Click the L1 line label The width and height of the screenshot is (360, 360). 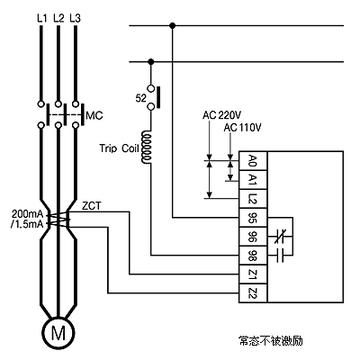pos(42,19)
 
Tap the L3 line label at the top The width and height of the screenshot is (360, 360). pos(75,19)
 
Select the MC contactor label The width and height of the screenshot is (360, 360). pos(94,115)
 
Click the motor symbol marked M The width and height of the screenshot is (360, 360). pos(58,333)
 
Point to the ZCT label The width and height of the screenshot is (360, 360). pos(92,206)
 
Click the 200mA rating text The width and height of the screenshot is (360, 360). pos(28,214)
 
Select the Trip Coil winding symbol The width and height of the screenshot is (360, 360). pos(147,147)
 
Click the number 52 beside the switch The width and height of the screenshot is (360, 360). pos(140,98)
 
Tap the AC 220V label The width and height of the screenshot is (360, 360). pos(222,115)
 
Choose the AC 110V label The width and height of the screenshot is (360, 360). pos(242,128)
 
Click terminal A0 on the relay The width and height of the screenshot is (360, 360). pos(253,161)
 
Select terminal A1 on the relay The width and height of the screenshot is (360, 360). pos(253,180)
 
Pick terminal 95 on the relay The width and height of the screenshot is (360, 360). pos(253,218)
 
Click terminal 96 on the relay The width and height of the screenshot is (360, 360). pos(253,237)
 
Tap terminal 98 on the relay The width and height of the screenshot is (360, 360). pos(253,256)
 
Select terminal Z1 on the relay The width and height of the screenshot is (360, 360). pos(253,274)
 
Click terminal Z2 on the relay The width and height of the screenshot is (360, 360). pos(253,293)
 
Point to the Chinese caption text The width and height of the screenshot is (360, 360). pos(271,341)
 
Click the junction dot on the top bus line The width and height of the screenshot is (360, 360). pos(172,26)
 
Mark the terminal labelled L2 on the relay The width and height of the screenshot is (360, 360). pos(253,199)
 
